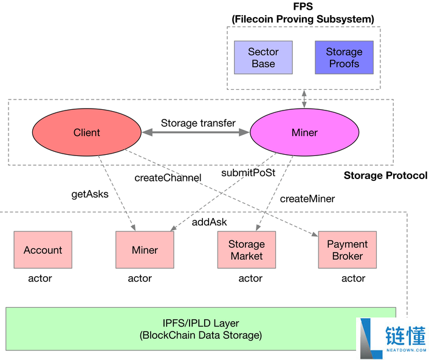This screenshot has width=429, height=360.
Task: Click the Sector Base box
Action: (x=263, y=58)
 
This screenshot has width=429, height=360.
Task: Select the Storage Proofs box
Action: (x=344, y=58)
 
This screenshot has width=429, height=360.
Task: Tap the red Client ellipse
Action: (x=87, y=132)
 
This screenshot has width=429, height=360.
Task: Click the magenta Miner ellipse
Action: (x=304, y=132)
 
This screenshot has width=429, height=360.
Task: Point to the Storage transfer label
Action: (x=198, y=123)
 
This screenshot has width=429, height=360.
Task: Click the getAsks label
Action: (x=90, y=194)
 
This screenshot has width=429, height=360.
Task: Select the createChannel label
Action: (x=168, y=178)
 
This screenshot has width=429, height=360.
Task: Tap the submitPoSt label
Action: (x=248, y=173)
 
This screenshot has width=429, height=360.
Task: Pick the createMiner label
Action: (x=307, y=199)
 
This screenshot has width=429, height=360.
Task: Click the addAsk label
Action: (x=209, y=222)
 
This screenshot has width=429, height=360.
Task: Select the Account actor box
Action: (x=43, y=250)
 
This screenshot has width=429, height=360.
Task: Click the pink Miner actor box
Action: (x=145, y=250)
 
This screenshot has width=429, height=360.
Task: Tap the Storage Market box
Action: (x=247, y=250)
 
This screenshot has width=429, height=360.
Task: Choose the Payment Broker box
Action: (x=347, y=250)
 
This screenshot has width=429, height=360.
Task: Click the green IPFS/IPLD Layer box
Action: (x=201, y=329)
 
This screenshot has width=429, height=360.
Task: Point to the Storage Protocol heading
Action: (x=385, y=175)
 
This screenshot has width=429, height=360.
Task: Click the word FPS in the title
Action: (x=303, y=6)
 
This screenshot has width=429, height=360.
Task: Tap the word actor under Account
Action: (x=40, y=278)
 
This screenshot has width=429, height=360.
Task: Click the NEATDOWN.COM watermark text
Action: (x=407, y=350)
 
